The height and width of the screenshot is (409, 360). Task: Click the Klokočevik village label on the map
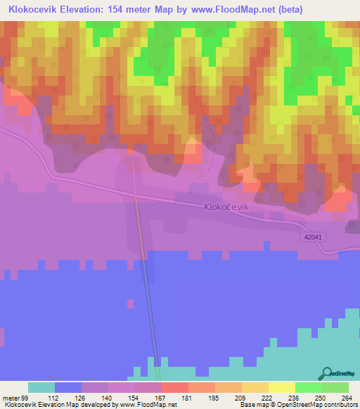tap(226, 209)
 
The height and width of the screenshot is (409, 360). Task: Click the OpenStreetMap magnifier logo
tap(328, 373)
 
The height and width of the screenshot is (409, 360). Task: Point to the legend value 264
tap(347, 398)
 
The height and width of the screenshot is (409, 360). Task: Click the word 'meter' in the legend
tap(11, 398)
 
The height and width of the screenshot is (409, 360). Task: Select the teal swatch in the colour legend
tap(41, 387)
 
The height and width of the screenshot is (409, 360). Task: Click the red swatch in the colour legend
tap(174, 387)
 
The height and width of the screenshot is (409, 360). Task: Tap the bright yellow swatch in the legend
tap(281, 387)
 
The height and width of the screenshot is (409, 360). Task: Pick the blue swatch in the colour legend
tap(68, 387)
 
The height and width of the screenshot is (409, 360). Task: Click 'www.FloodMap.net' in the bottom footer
tap(148, 405)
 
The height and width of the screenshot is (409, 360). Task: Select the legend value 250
tap(321, 398)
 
